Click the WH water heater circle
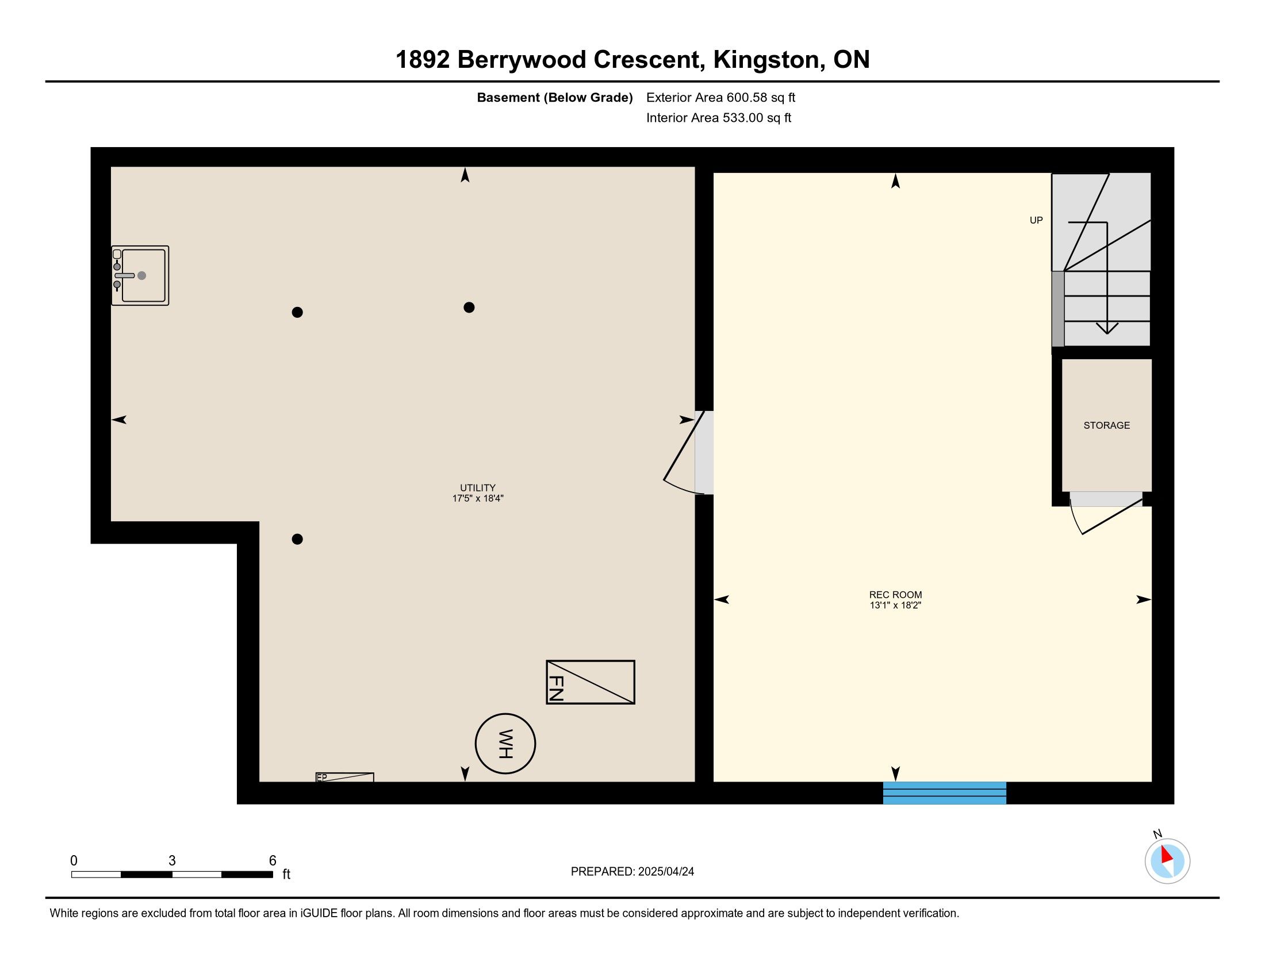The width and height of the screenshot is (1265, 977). point(505,744)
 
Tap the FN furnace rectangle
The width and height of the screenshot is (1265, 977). point(590,682)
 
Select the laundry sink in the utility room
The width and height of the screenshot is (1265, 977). point(140,275)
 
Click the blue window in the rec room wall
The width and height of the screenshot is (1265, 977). point(944,793)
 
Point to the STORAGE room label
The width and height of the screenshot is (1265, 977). point(1106,425)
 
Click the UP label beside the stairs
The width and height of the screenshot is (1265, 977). point(1036,220)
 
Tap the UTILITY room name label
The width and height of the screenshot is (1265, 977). point(478,488)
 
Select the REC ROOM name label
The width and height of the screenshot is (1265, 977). point(895,595)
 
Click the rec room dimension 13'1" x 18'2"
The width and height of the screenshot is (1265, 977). point(895,605)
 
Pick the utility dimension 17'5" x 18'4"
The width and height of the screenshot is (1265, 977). point(478,498)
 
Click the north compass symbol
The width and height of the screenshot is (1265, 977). point(1167,860)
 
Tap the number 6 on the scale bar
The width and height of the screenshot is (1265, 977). point(272,861)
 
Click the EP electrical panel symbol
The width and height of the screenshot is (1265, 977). point(344,778)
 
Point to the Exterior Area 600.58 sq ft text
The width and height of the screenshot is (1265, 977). point(720,98)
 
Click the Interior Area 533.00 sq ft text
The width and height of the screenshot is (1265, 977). point(718,118)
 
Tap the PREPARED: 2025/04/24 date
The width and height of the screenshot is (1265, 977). point(632,872)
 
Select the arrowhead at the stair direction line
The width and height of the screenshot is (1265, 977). point(1107,328)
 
